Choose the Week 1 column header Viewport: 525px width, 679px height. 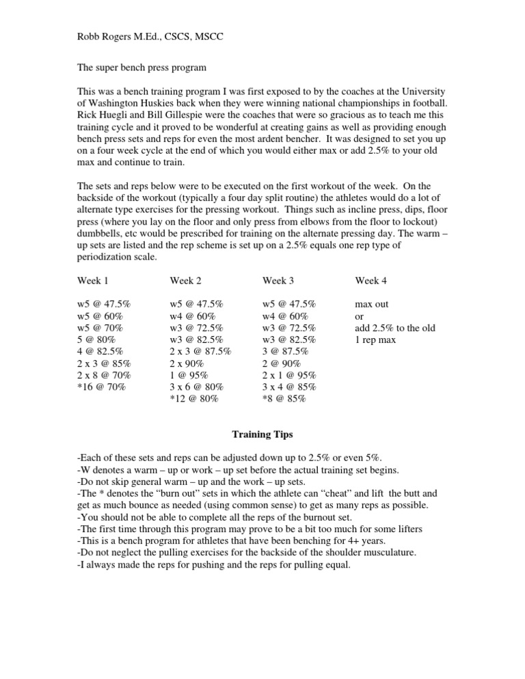(x=93, y=280)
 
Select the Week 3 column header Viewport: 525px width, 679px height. (x=279, y=280)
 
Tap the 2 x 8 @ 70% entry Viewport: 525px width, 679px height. (x=104, y=375)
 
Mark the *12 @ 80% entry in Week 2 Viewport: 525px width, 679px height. (x=194, y=398)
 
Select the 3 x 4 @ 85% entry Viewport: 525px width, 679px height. (x=289, y=387)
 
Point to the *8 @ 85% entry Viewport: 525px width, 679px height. (x=284, y=398)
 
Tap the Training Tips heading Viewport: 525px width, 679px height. (x=262, y=434)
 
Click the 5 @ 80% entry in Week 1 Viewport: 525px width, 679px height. (x=97, y=339)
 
